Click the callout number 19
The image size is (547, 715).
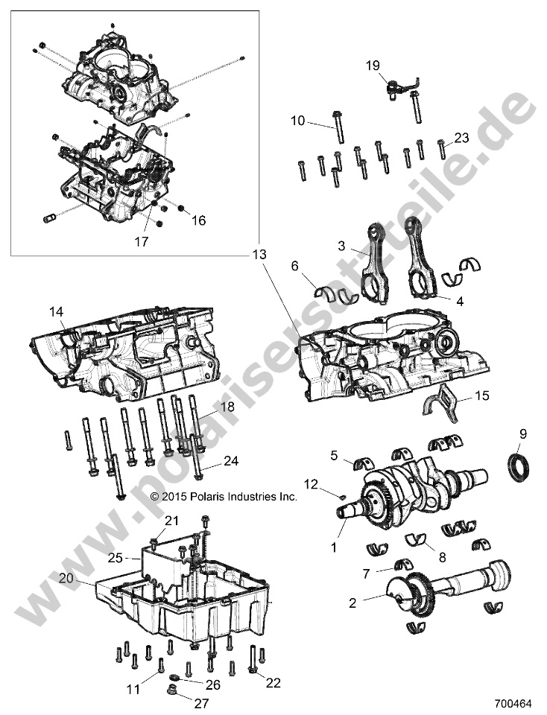point(373,66)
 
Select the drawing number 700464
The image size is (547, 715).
point(514,702)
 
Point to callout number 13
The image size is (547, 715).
point(258,255)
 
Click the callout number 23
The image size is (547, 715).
point(461,137)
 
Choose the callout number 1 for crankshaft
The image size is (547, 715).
point(332,547)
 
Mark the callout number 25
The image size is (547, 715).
point(114,557)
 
